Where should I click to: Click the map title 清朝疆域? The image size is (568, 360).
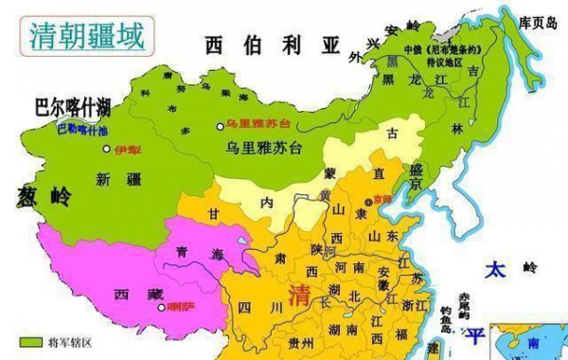(x=88, y=36)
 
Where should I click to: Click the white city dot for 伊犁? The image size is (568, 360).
(x=106, y=150)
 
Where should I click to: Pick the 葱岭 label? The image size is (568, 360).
(x=43, y=196)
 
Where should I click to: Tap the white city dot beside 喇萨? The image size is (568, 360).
(x=160, y=307)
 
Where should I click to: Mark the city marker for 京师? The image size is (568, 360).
(x=366, y=202)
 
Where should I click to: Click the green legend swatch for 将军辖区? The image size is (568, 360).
(x=31, y=341)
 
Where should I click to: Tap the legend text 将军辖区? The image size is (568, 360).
(x=67, y=341)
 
